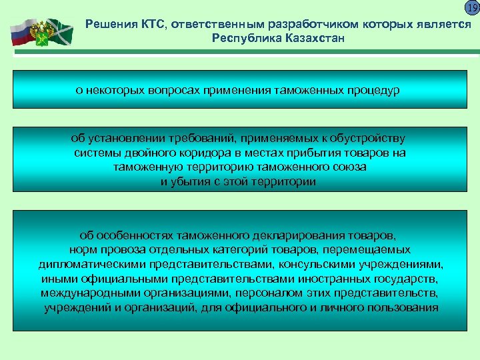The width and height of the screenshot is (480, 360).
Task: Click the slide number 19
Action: [471, 8]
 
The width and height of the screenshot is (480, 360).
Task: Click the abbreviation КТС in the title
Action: [152, 25]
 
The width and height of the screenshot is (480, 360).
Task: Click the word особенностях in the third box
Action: [137, 235]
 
